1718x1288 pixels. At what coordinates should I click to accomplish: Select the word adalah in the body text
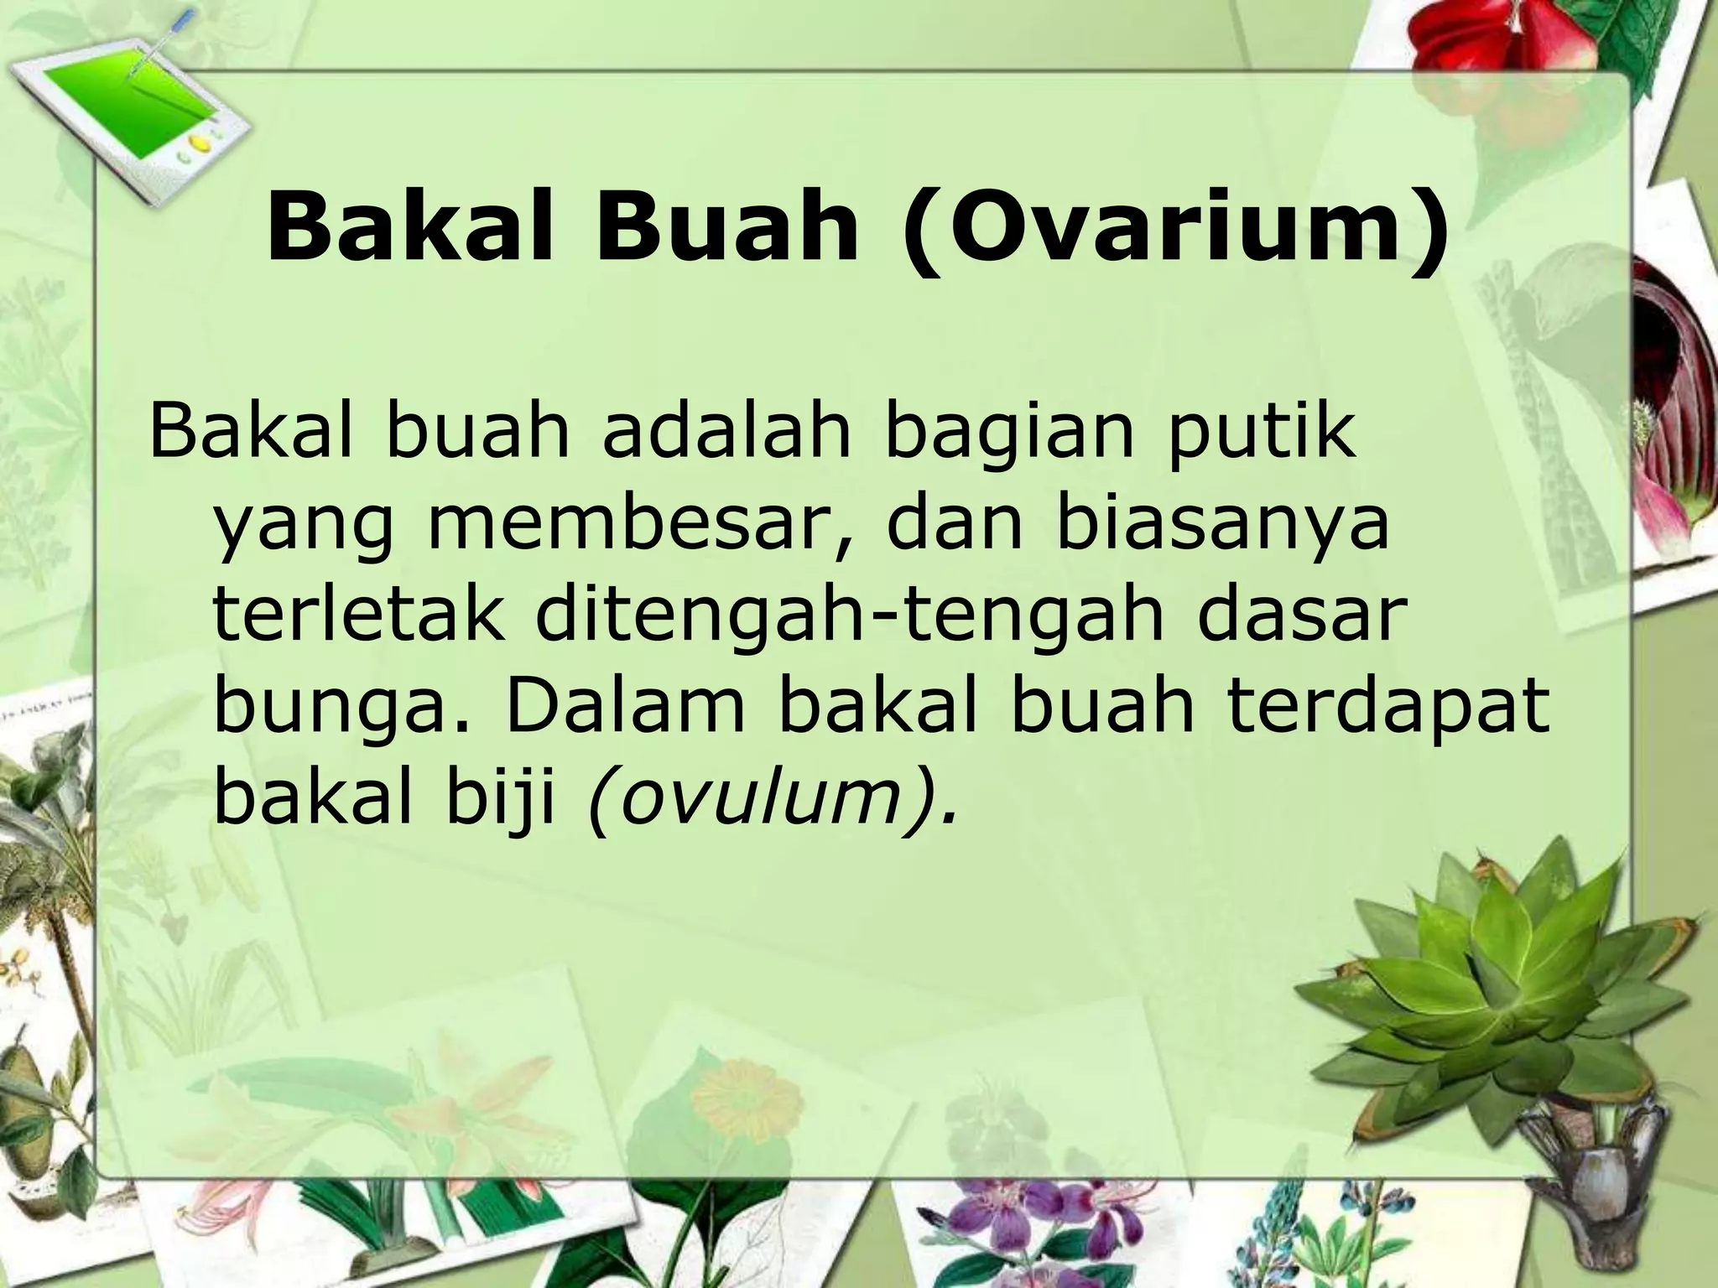(x=726, y=431)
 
